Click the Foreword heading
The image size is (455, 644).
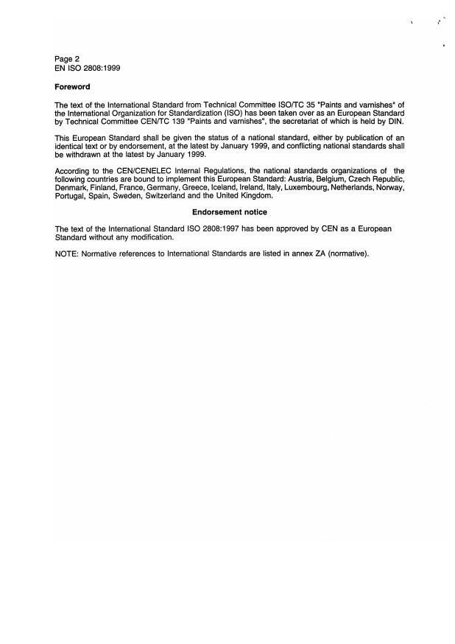pyautogui.click(x=72, y=87)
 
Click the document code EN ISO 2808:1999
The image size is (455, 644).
pyautogui.click(x=88, y=68)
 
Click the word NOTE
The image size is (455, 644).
pyautogui.click(x=66, y=253)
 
